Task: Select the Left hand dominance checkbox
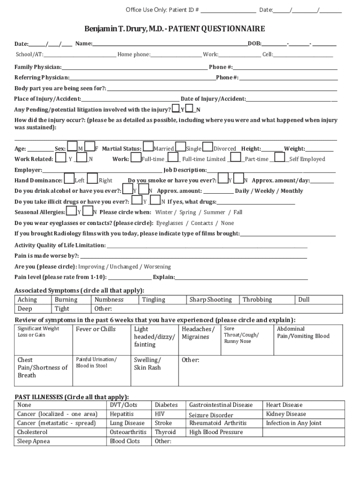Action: pyautogui.click(x=69, y=178)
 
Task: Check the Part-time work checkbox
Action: pyautogui.click(x=237, y=157)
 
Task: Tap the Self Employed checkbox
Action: pyautogui.click(x=281, y=157)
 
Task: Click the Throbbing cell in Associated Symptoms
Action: pyautogui.click(x=257, y=300)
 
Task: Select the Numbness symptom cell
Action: pyautogui.click(x=109, y=300)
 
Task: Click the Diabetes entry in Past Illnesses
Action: pyautogui.click(x=166, y=405)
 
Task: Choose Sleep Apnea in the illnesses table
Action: pyautogui.click(x=33, y=441)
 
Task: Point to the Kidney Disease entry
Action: pyautogui.click(x=286, y=414)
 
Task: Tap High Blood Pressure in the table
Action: pyautogui.click(x=216, y=432)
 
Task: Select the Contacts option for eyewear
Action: pyautogui.click(x=202, y=223)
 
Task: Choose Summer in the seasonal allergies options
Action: pyautogui.click(x=214, y=212)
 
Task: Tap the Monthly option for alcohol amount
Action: pyautogui.click(x=292, y=191)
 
